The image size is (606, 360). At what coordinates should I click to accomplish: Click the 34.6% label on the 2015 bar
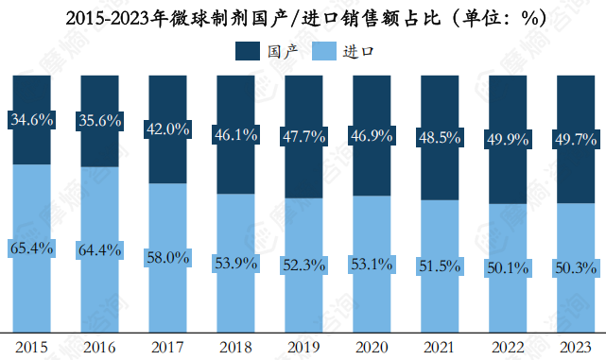point(32,120)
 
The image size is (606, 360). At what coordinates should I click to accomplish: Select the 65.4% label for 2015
point(32,249)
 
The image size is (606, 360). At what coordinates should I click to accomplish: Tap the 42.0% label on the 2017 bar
point(168,129)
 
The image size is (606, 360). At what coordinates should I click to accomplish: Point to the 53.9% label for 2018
point(236,263)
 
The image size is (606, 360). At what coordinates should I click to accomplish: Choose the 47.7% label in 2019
point(304,137)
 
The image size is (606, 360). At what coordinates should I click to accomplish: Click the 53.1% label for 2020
point(372,264)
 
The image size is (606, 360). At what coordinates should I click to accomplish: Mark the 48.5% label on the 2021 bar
point(441,138)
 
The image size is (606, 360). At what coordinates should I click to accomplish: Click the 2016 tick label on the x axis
point(100,346)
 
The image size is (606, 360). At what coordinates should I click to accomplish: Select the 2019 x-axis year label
point(304,346)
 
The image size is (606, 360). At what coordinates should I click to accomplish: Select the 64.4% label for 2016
point(100,250)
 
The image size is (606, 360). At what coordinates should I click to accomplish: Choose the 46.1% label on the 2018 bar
point(236,135)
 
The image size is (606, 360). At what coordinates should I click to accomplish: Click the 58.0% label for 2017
point(168,257)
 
